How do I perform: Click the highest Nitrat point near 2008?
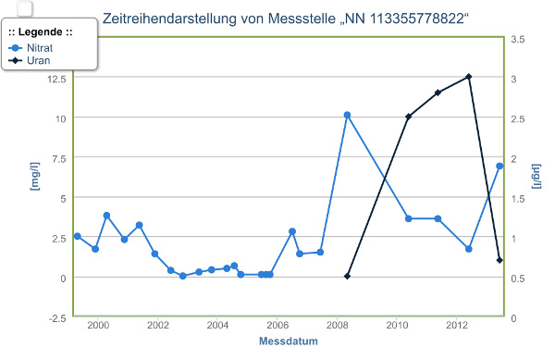[347, 116]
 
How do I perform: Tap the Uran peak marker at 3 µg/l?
[469, 77]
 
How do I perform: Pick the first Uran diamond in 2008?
[348, 276]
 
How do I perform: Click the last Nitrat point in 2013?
[499, 167]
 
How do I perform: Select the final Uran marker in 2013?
[499, 260]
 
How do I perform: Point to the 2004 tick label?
[217, 326]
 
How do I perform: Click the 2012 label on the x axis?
[457, 326]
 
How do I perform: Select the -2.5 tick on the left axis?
[56, 317]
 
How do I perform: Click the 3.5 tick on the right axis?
[518, 38]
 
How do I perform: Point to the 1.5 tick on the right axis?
[518, 198]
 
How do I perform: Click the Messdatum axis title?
[289, 341]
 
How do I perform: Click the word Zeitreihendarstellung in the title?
[172, 18]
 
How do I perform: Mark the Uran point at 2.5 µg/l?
[408, 117]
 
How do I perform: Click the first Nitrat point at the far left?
[78, 236]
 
